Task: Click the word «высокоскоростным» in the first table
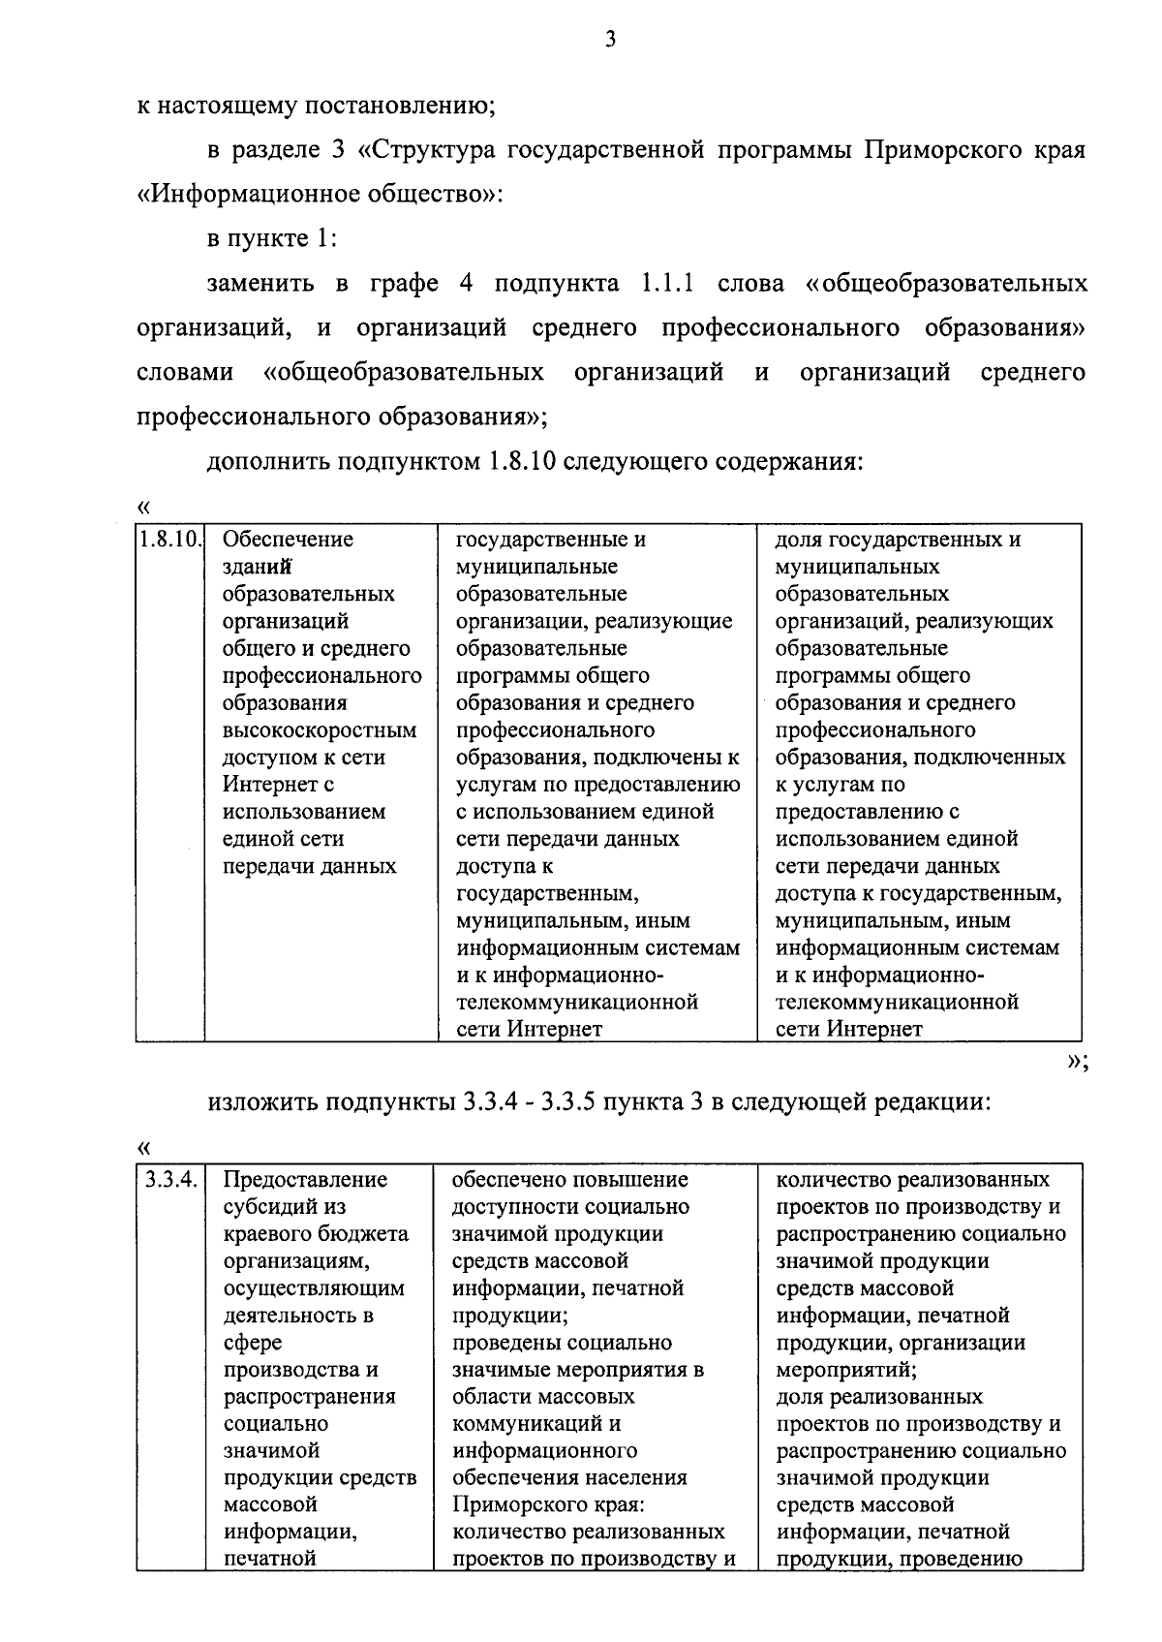[320, 729]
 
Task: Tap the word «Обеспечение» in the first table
[288, 540]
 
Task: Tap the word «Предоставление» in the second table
[305, 1180]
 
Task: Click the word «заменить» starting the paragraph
[260, 283]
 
